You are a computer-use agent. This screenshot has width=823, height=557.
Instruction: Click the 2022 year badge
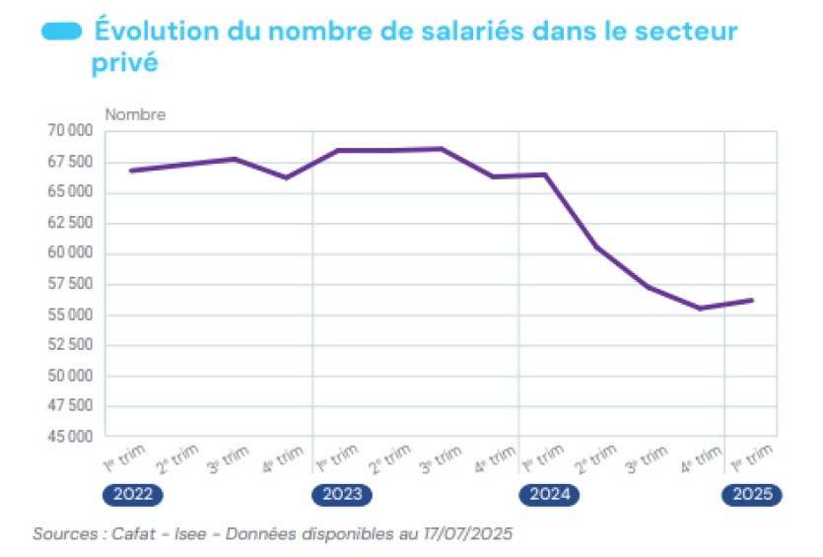tap(130, 495)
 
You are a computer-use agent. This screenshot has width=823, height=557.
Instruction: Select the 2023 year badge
tap(342, 495)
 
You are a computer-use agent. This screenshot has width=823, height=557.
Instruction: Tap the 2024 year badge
tap(549, 495)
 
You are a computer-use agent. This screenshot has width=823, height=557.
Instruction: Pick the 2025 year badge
tap(753, 495)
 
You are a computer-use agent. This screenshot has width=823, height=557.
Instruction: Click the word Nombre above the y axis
tap(135, 114)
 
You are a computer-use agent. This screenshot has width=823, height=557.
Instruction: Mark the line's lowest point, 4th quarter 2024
tap(700, 309)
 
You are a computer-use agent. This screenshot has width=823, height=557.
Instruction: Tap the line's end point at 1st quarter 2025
tap(753, 300)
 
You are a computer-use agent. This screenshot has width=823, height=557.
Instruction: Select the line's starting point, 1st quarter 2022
tap(131, 171)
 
